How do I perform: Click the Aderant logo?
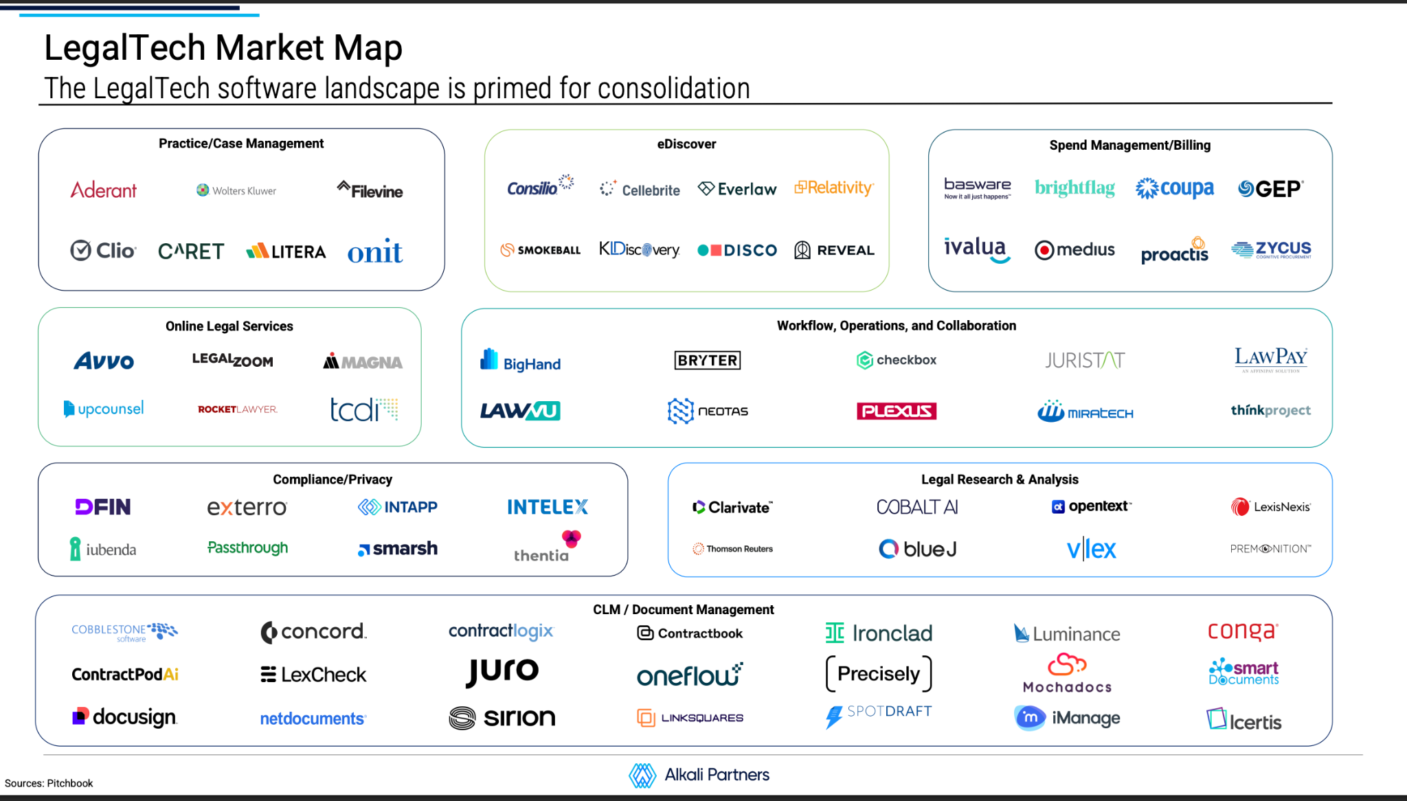pos(104,190)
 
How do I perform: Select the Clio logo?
pos(103,251)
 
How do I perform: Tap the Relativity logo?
pos(834,188)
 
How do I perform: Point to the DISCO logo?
pos(737,251)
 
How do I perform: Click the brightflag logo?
pos(1074,188)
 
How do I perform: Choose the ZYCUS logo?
pos(1271,249)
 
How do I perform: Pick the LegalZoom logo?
pos(232,360)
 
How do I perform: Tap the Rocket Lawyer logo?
pos(238,409)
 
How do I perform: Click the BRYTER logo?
pos(708,360)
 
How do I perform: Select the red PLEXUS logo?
pos(897,411)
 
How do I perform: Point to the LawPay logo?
pos(1271,359)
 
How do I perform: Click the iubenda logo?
pos(103,549)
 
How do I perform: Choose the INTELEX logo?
pos(548,507)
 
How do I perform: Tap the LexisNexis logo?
pos(1271,507)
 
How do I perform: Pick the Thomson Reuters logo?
pos(732,549)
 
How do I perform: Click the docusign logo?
pos(125,717)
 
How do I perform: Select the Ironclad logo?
pos(879,633)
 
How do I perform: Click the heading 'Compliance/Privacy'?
pos(333,480)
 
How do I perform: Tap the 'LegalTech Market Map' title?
pos(223,48)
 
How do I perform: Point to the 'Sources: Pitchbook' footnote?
pos(49,783)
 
